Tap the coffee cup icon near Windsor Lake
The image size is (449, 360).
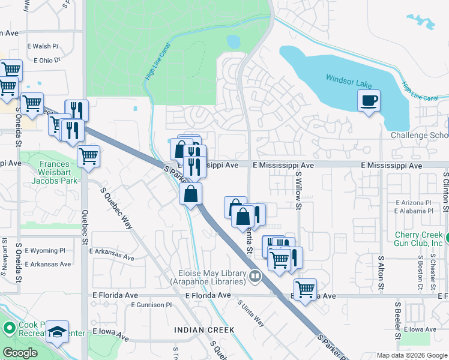[x=369, y=100]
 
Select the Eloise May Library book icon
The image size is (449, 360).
[x=256, y=277]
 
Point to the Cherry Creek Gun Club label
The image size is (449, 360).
[x=419, y=238]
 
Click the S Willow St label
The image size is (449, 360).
[x=298, y=190]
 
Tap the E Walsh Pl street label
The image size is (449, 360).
[x=43, y=46]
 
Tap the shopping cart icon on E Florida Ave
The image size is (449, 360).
[x=306, y=290]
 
